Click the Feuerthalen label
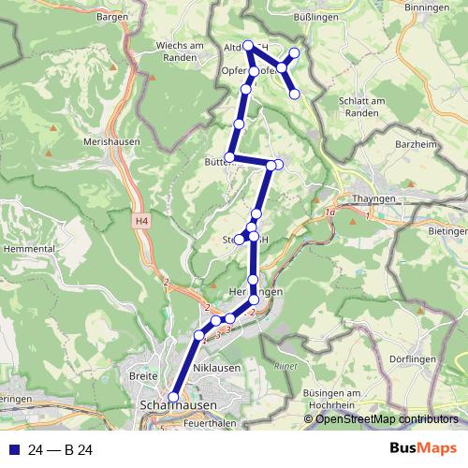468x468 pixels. pos(209,424)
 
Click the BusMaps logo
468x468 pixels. pos(421,450)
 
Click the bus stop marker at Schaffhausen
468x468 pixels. pos(172,396)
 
